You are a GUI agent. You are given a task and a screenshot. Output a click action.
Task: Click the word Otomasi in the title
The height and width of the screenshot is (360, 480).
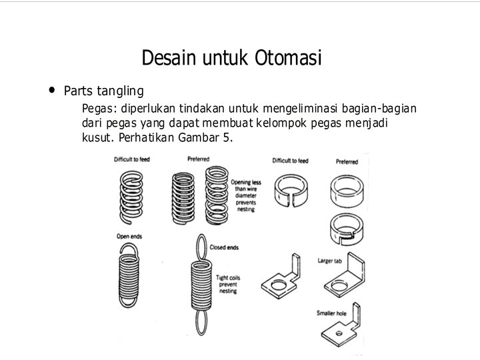tap(288, 58)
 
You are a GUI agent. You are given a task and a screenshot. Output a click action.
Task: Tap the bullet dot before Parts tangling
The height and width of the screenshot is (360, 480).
tap(51, 90)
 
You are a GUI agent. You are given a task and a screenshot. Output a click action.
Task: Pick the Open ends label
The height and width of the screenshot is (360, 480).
tap(129, 236)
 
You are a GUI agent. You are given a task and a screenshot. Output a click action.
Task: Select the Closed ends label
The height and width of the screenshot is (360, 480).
tap(224, 247)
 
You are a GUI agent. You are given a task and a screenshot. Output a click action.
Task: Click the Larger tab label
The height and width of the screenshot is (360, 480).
tap(330, 261)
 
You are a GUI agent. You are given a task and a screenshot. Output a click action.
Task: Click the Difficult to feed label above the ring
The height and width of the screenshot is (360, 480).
tap(290, 161)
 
